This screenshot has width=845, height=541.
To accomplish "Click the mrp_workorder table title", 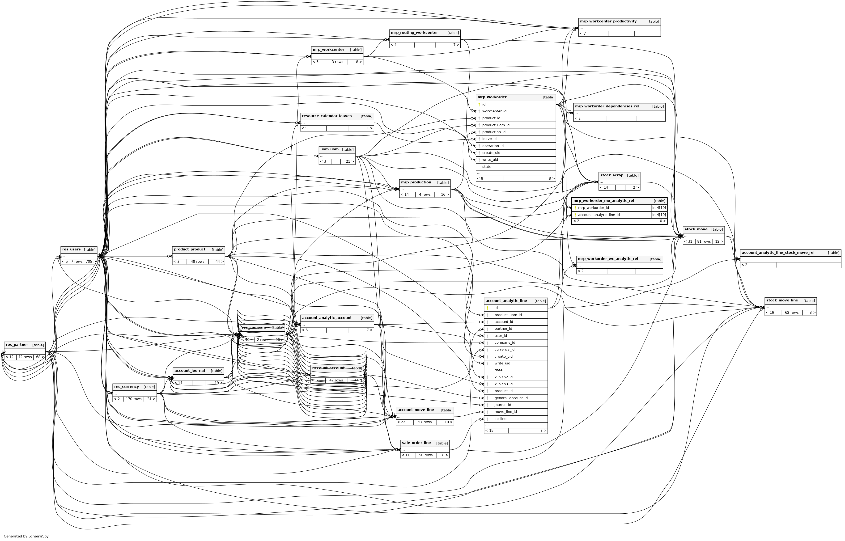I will (492, 97).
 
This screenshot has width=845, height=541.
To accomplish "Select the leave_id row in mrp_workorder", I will (489, 139).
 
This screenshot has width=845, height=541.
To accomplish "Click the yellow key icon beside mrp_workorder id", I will (479, 104).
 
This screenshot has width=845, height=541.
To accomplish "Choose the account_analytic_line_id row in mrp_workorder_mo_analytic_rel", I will (599, 215).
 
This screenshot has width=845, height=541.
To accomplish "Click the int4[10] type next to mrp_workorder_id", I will (659, 208).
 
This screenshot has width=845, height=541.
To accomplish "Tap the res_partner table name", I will (17, 345).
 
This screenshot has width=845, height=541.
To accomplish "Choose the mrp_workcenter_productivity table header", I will (608, 21).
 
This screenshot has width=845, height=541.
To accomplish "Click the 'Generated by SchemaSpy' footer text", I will (26, 536).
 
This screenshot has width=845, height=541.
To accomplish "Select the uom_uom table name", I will (329, 149).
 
